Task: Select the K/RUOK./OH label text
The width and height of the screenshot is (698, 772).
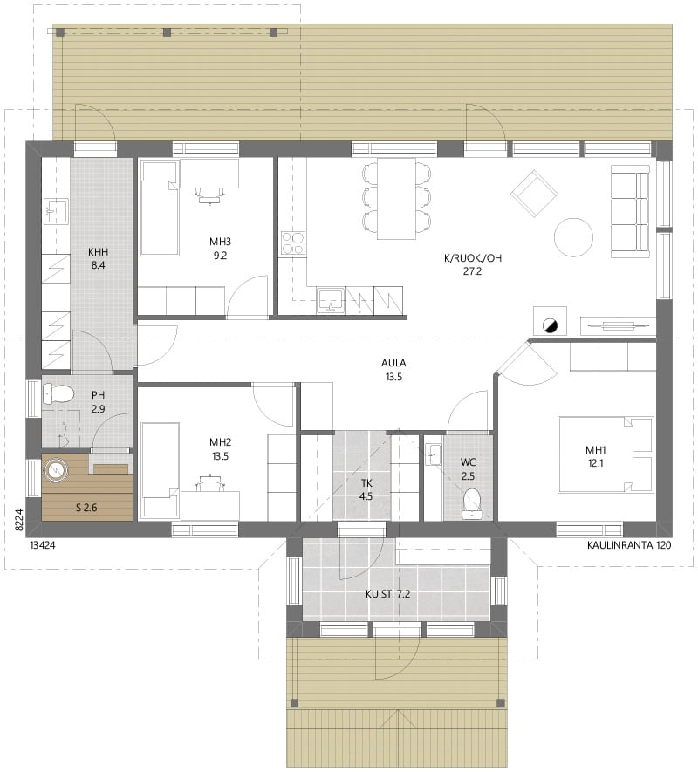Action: (472, 257)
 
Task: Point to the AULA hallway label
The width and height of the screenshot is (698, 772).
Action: (393, 363)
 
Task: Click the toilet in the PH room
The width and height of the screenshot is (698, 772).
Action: (58, 394)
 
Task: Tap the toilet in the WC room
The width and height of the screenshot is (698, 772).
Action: (472, 503)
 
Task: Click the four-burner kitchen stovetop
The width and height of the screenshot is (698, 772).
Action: (293, 243)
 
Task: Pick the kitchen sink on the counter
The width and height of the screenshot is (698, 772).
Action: (330, 301)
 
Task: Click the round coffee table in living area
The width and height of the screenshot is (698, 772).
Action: (573, 237)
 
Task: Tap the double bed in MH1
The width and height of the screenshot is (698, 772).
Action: (606, 454)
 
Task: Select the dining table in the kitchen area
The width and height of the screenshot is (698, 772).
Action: (396, 198)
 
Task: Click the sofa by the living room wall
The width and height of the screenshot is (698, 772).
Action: (630, 212)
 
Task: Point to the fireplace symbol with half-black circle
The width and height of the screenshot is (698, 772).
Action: (550, 325)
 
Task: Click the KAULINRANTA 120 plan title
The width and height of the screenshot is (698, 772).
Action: (628, 545)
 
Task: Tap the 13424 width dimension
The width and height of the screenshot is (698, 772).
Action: (43, 545)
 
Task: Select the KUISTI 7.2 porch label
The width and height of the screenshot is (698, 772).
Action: (387, 594)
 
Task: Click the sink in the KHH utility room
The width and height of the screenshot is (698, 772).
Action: (56, 212)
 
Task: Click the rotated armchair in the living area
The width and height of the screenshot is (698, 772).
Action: (534, 194)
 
